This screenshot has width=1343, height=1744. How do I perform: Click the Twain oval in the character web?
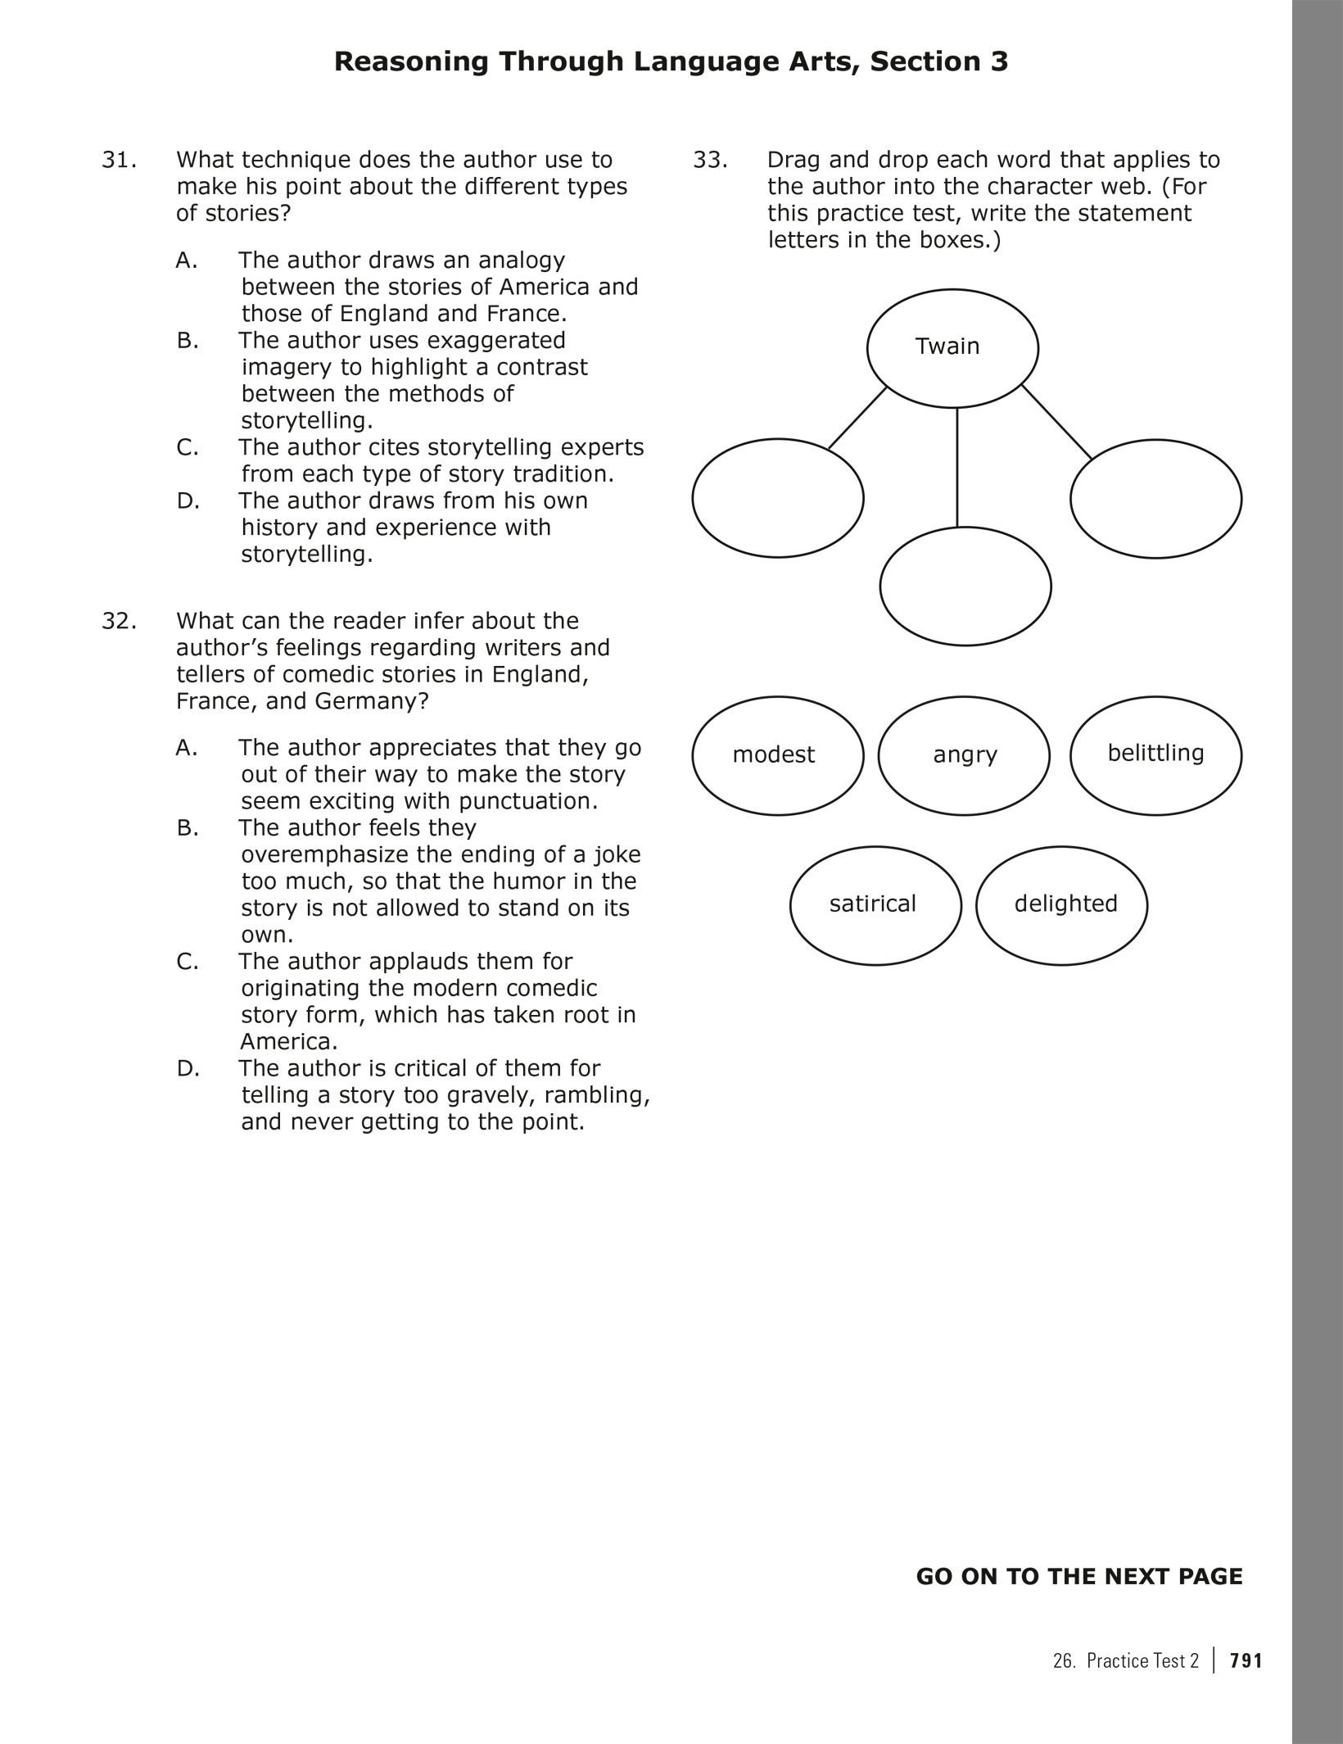click(952, 348)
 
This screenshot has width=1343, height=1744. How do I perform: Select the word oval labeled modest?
click(777, 755)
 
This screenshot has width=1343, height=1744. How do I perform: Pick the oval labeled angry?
click(964, 755)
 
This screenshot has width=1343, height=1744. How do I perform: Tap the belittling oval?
click(1155, 755)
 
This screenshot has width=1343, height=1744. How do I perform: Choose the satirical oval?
click(875, 905)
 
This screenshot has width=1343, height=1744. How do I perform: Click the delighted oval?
click(1061, 905)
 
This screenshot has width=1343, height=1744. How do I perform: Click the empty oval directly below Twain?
click(965, 587)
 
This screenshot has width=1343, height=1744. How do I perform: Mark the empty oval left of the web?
click(777, 498)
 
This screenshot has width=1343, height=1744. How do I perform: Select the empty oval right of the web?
click(1155, 499)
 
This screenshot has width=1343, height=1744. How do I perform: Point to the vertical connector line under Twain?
click(957, 467)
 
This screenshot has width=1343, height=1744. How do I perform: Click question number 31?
click(119, 161)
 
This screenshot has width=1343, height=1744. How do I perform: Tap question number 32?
click(119, 622)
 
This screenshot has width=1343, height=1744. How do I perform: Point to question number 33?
click(710, 161)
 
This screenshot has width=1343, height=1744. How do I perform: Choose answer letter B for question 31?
click(188, 341)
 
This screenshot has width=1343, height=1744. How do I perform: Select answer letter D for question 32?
click(188, 1069)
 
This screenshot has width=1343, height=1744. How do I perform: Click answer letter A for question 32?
click(188, 749)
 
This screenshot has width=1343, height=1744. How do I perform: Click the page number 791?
click(1246, 1660)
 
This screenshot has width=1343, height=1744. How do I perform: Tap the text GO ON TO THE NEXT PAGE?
click(1078, 1577)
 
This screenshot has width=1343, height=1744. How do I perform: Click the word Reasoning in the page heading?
click(410, 62)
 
